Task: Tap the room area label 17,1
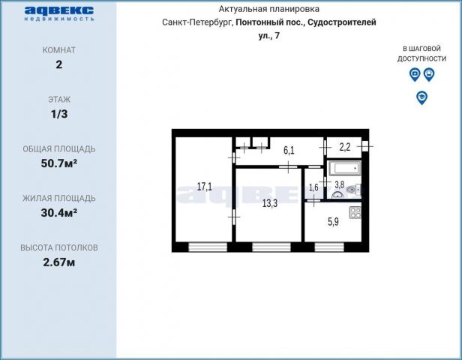click(x=204, y=186)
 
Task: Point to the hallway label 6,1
click(x=289, y=151)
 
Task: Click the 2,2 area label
click(x=344, y=148)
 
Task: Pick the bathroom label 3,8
click(x=339, y=184)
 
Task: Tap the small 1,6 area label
click(x=313, y=187)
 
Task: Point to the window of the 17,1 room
click(x=207, y=247)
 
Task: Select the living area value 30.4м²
click(x=58, y=212)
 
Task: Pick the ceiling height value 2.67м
click(x=58, y=262)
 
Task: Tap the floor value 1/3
click(x=58, y=113)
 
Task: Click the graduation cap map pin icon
click(x=422, y=97)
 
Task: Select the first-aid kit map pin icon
click(x=415, y=74)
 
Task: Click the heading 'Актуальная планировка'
click(x=269, y=9)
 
